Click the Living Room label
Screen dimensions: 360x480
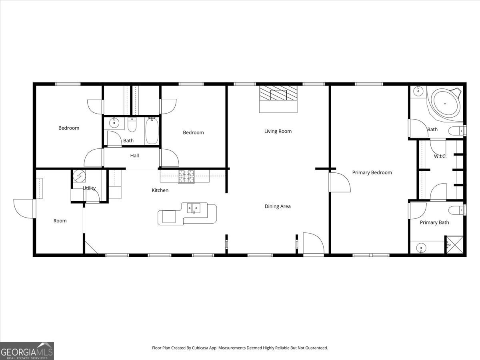coord(278,131)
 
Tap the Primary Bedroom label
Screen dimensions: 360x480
coord(372,172)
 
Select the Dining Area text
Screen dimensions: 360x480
coord(278,206)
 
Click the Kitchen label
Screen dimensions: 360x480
coord(160,190)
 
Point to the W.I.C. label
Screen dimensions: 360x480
coord(440,156)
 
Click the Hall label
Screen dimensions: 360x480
coord(134,156)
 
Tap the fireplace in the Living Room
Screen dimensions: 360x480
coord(278,98)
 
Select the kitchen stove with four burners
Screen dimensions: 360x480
coord(186,176)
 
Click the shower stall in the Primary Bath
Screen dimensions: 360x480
coord(454,245)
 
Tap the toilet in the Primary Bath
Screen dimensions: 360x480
coord(456,210)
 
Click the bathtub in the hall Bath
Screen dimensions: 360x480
coord(152,130)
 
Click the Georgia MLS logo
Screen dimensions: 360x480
coord(27,351)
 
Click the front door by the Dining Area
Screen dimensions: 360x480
coord(313,244)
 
